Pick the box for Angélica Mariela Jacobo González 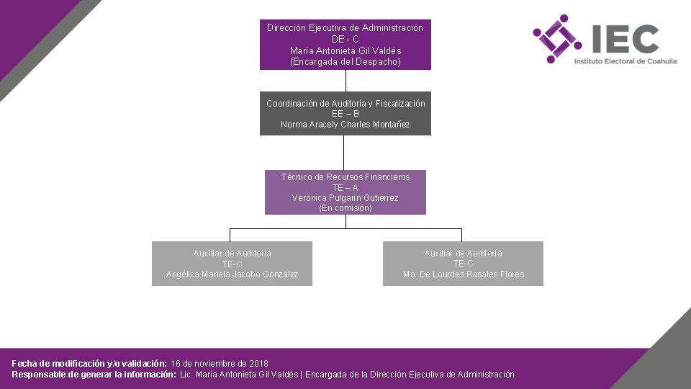232,264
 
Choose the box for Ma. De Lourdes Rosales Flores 463,264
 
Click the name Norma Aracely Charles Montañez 345,125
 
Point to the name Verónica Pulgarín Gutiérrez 345,198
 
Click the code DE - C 345,40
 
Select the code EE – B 345,114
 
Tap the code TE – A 345,188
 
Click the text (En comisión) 345,208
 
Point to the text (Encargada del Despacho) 345,62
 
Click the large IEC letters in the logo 624,39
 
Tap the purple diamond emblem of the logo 557,39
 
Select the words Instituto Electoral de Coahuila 625,62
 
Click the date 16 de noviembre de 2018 220,363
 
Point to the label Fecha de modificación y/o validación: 89,363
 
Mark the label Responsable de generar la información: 94,375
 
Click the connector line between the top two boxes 345,81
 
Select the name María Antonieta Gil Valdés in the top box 345,50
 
